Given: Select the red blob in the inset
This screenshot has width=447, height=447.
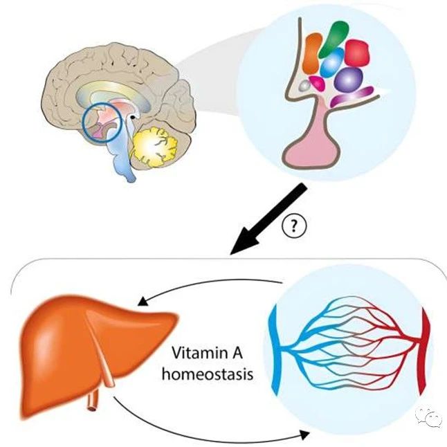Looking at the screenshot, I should tap(357, 53).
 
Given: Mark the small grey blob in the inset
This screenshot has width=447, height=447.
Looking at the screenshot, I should tap(304, 86).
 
